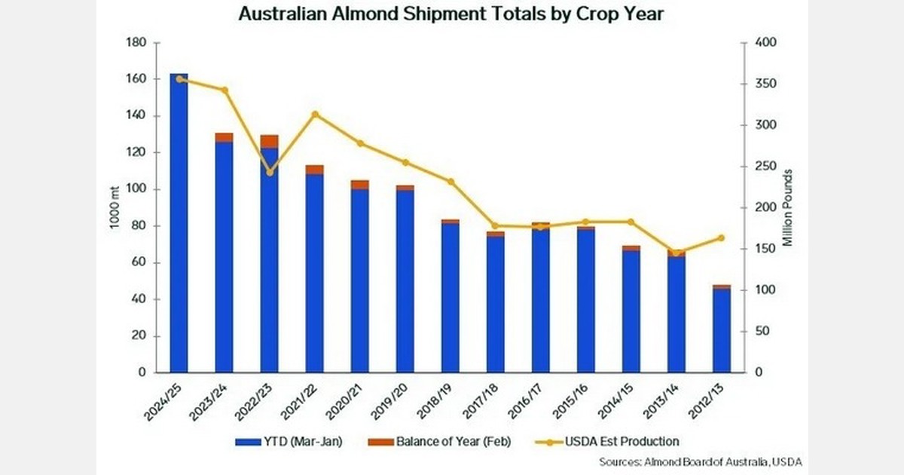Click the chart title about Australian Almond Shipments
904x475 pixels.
[451, 14]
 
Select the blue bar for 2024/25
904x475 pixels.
[179, 226]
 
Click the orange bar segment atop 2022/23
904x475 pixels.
[270, 141]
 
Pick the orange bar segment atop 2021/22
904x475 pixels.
[315, 170]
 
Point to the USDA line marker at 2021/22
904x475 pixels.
[315, 115]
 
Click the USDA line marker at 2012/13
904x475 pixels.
[722, 238]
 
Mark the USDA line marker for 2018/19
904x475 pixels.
[450, 182]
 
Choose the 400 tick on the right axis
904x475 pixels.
[765, 43]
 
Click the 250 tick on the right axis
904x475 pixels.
[765, 167]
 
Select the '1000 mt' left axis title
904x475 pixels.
[118, 207]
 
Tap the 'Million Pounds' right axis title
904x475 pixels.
[788, 208]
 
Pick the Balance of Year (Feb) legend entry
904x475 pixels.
[444, 442]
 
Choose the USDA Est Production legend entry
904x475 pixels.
[615, 442]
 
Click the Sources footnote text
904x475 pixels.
[701, 461]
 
